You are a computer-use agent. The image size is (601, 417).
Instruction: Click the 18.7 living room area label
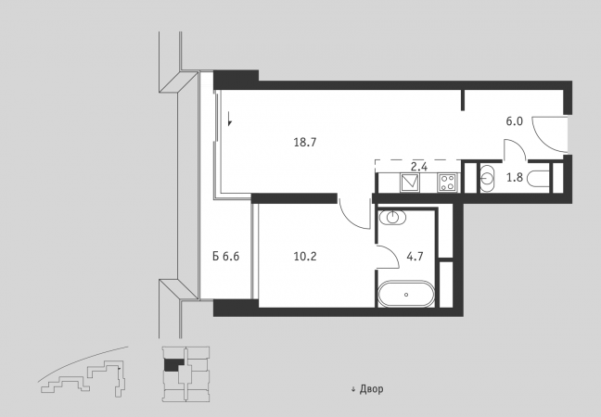tap(305, 143)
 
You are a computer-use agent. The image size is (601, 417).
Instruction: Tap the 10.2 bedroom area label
tap(305, 256)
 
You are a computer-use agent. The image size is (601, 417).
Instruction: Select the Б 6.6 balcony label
tap(226, 256)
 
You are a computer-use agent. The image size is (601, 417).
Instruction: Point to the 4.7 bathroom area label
tap(416, 256)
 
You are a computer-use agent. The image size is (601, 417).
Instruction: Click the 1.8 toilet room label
tap(515, 178)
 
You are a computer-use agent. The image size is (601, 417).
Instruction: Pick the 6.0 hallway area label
tap(515, 121)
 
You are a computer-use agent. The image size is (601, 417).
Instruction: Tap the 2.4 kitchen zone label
tap(419, 167)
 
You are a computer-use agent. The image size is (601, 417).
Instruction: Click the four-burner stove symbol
tap(448, 183)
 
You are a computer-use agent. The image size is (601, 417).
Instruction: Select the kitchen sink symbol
tap(410, 183)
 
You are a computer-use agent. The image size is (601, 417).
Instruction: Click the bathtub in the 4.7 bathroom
tap(406, 294)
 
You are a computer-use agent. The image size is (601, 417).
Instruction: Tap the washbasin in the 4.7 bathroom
tap(392, 218)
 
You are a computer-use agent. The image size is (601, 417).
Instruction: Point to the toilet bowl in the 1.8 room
tap(538, 178)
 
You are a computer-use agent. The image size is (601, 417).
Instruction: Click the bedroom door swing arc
tap(348, 219)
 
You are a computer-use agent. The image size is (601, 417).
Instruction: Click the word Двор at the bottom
tap(371, 389)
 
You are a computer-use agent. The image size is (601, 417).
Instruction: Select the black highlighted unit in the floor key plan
tap(171, 364)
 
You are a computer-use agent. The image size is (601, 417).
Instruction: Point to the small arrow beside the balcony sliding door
tap(229, 119)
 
